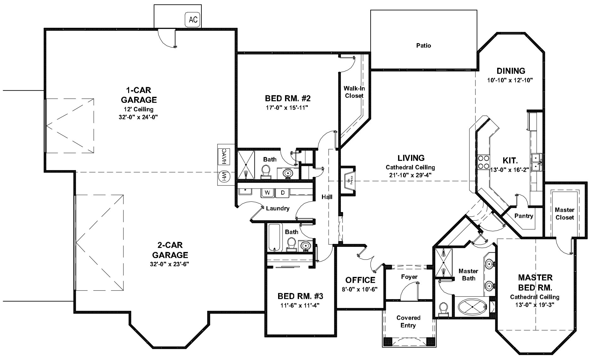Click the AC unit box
tap(193, 20)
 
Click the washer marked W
tap(267, 193)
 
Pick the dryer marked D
tap(283, 193)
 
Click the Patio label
tap(423, 45)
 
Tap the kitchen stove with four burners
tap(483, 162)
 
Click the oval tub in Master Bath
tap(472, 306)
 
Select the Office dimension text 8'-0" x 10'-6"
tap(360, 289)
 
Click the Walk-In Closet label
tap(354, 92)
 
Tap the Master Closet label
tap(564, 214)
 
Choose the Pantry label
tap(523, 216)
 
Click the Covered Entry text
tap(408, 322)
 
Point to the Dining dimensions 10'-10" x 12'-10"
tap(510, 80)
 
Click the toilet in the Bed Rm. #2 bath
tap(265, 172)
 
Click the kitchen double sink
tap(536, 162)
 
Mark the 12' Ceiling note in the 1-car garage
tap(139, 109)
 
